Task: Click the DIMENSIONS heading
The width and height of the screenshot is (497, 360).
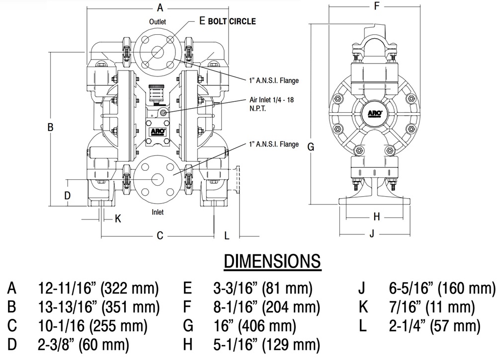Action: coord(272,261)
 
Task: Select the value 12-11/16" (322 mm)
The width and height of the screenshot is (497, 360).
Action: coord(98,288)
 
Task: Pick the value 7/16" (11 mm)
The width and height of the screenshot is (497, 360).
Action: coord(431,307)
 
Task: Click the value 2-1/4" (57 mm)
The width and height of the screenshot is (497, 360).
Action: coord(434,326)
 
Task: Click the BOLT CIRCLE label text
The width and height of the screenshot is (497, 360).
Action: coord(232,21)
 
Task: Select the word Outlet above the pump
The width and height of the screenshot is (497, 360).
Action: coord(157,22)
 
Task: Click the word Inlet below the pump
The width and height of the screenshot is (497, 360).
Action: coord(158,212)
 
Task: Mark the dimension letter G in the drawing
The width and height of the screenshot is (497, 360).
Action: coord(311,146)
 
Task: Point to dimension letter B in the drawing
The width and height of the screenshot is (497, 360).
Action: coord(50,128)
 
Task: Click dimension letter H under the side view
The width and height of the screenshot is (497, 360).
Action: coord(376,216)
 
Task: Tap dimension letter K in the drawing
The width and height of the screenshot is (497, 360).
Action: coord(118,218)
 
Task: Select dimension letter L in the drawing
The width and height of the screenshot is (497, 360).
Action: coord(227,236)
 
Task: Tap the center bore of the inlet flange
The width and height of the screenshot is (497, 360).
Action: coord(157,178)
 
